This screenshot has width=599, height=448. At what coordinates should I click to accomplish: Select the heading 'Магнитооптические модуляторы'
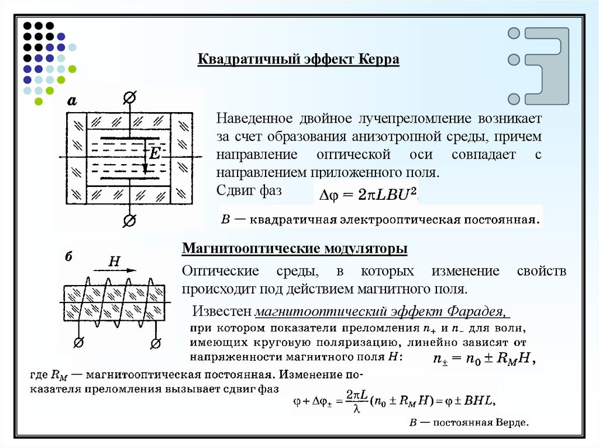295,249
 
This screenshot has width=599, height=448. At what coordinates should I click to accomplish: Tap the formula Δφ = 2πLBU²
367,196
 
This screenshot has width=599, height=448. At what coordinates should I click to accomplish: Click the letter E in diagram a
154,155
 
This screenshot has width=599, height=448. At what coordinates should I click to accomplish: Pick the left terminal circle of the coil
80,341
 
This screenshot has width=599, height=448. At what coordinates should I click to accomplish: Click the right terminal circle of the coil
156,341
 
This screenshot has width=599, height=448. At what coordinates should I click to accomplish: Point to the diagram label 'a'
72,101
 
